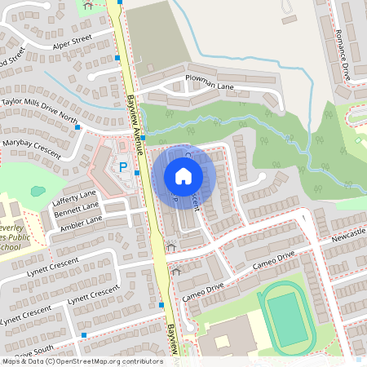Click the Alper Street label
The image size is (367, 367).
(x=71, y=41)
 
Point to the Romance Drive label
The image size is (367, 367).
(x=343, y=55)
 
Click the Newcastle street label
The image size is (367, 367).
(x=348, y=238)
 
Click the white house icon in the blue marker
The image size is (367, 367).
(x=183, y=176)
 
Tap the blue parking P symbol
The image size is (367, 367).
(x=124, y=167)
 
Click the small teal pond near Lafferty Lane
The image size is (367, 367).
(x=38, y=192)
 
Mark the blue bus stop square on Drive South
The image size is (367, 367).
(x=83, y=334)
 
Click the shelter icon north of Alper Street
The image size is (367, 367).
(x=88, y=5)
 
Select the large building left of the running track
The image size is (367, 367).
(x=229, y=338)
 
